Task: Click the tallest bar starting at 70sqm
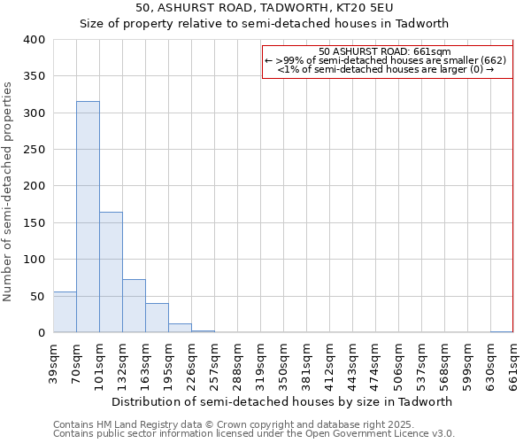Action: pyautogui.click(x=88, y=217)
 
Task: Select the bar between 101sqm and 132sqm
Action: pyautogui.click(x=111, y=272)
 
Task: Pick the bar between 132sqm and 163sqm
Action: pyautogui.click(x=134, y=306)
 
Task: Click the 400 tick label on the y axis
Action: pyautogui.click(x=34, y=40)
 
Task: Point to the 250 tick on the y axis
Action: pyautogui.click(x=34, y=150)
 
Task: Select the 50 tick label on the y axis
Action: pyautogui.click(x=37, y=296)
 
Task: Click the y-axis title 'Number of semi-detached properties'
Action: pyautogui.click(x=9, y=190)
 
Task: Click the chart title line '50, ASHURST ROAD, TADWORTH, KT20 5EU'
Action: pyautogui.click(x=265, y=8)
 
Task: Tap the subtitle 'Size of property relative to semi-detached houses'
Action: pyautogui.click(x=265, y=24)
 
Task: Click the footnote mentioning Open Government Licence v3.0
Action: pyautogui.click(x=254, y=434)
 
